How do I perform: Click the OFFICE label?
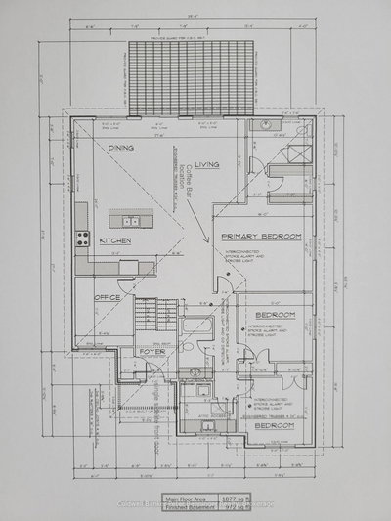pyautogui.click(x=107, y=296)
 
